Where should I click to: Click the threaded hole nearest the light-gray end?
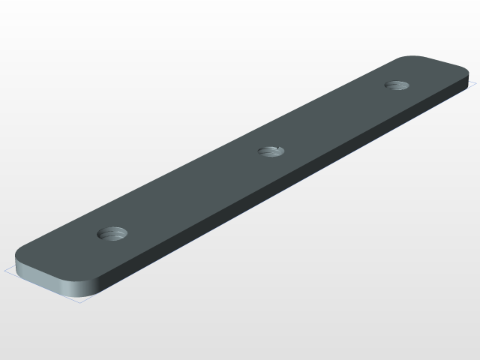(113, 233)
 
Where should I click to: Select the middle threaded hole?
(271, 151)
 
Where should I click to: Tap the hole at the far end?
(396, 85)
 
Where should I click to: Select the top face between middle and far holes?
(334, 118)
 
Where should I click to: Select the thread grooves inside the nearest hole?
(113, 235)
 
